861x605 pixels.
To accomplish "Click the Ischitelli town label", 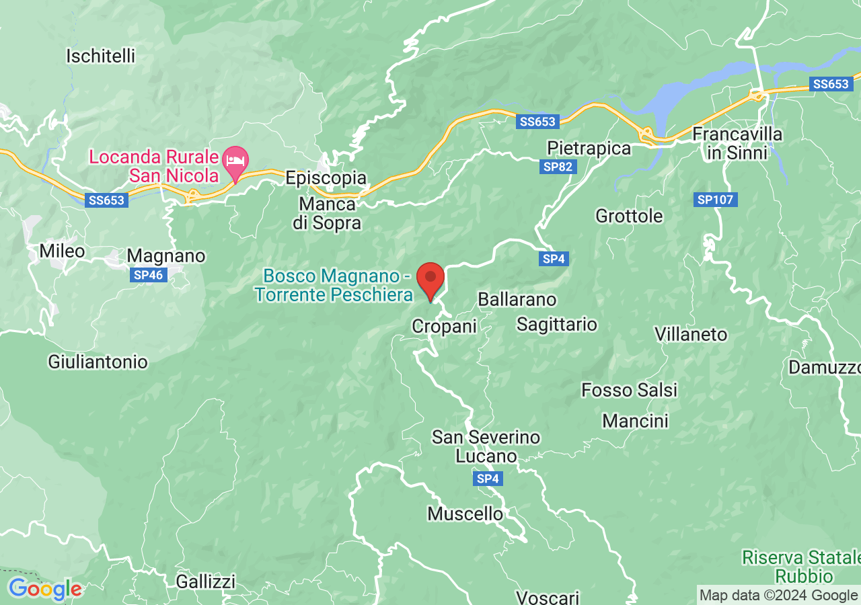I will coord(100,56).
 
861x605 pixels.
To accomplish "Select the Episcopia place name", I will coord(326,178).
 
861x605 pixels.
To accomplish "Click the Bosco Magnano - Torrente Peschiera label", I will coord(334,285).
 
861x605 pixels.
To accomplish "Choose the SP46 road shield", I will coord(148,275).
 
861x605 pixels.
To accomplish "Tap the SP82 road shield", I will coord(558,167).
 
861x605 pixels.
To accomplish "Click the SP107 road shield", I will coord(716,200).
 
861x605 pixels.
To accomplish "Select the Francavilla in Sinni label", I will coord(737,143).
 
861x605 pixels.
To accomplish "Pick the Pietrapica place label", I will coord(589,148).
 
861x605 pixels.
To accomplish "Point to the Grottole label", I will coord(629,216).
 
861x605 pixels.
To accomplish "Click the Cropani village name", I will coord(444,326).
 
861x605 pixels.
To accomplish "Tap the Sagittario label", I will coord(556,324).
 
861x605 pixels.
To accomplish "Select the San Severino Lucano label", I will coord(486,446).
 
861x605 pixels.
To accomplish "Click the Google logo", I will coord(44,590).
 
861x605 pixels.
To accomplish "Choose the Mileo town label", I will coord(62,251).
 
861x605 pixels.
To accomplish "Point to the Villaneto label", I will coord(691,334).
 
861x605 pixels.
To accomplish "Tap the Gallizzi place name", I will coord(206,581).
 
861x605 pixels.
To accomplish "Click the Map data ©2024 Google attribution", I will coord(778,595).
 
